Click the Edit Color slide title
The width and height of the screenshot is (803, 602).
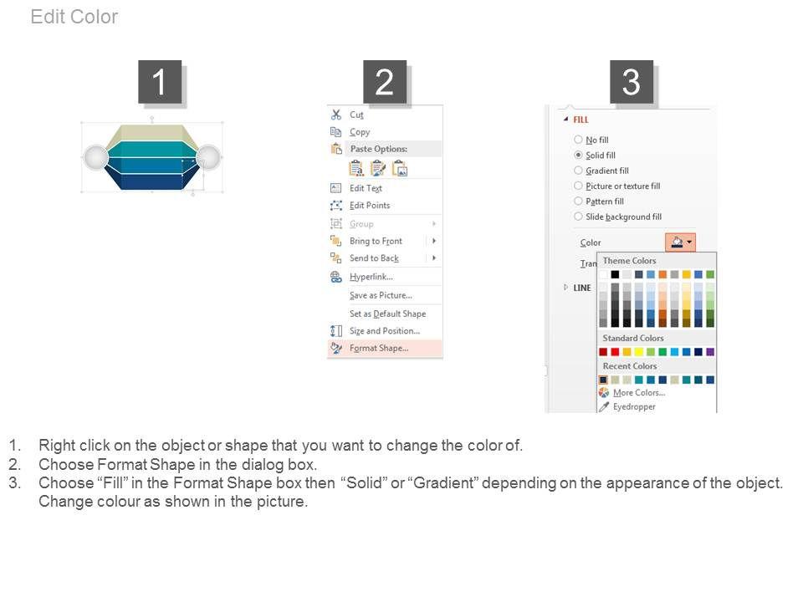tap(74, 17)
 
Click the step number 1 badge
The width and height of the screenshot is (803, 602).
tap(160, 82)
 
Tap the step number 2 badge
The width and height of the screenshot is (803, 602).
tap(385, 82)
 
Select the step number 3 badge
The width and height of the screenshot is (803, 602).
tap(632, 82)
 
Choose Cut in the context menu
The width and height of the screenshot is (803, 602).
tap(356, 115)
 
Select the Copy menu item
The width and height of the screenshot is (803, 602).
tap(360, 132)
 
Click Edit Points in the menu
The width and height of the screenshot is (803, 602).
tap(370, 206)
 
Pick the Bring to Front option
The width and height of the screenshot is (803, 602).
tap(376, 241)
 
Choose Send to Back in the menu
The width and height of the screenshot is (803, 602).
tap(374, 258)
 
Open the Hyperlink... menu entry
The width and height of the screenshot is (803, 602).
tap(371, 277)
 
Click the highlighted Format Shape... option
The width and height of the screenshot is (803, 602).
tap(379, 348)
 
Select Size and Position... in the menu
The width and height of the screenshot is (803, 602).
tap(385, 331)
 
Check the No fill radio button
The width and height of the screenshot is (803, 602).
tap(578, 140)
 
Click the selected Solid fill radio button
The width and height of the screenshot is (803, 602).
tap(578, 155)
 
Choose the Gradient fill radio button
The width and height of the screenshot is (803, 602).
tap(578, 170)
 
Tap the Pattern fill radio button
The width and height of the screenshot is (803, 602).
tap(578, 201)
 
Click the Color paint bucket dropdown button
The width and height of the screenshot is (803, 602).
tap(681, 242)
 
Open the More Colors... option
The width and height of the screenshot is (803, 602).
tap(639, 393)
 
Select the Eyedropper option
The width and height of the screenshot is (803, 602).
tap(634, 406)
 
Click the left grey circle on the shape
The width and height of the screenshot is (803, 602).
tap(95, 156)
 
